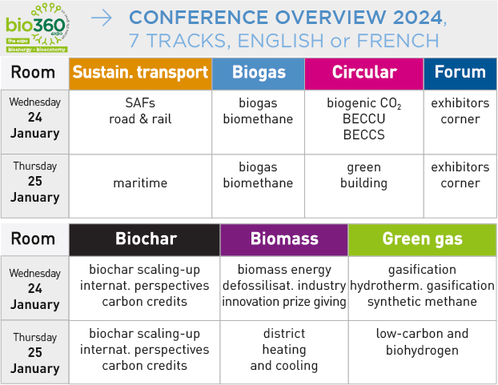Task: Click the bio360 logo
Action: pos(37,27)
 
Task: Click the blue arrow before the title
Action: pos(102,18)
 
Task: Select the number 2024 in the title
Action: pos(418,17)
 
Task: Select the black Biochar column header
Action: pos(144,239)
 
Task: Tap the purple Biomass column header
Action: pos(284,239)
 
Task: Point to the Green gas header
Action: pos(423,239)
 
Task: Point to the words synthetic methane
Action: pos(423,302)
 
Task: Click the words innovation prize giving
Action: pos(284,302)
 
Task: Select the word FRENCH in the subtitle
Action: pos(398,41)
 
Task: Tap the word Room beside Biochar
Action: pos(33,239)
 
